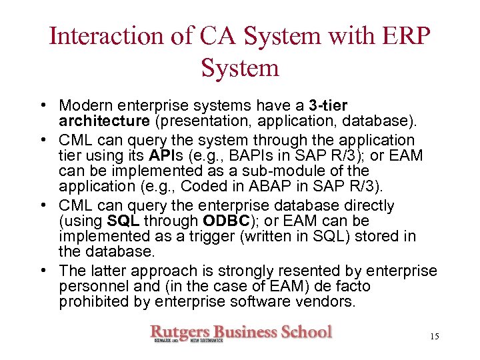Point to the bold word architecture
[x=104, y=121]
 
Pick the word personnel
[x=89, y=286]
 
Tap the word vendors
[x=331, y=301]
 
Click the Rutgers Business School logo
[x=241, y=333]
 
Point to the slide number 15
[x=434, y=337]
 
